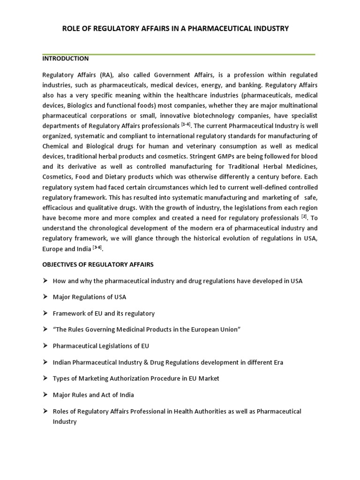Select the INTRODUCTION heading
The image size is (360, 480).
(65, 59)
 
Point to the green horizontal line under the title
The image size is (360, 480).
(179, 54)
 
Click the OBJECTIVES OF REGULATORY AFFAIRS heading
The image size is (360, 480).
(98, 265)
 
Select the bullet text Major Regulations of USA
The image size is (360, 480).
(89, 297)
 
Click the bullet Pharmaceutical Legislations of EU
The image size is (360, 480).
(101, 346)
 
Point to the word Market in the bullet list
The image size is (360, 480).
(209, 378)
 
